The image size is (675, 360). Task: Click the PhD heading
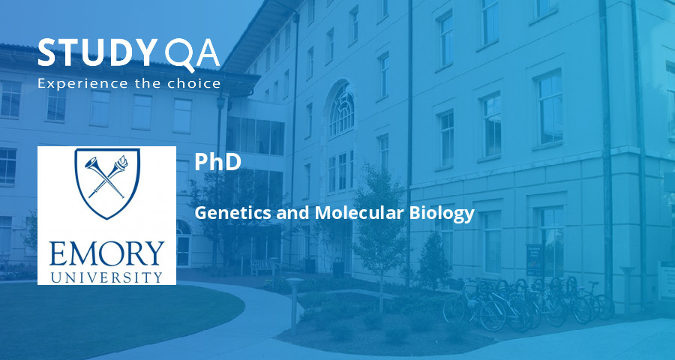(217, 162)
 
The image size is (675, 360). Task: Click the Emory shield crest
(107, 182)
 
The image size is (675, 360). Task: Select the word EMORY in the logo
(106, 254)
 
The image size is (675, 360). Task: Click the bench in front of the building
(262, 266)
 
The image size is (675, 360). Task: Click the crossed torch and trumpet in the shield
(107, 177)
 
